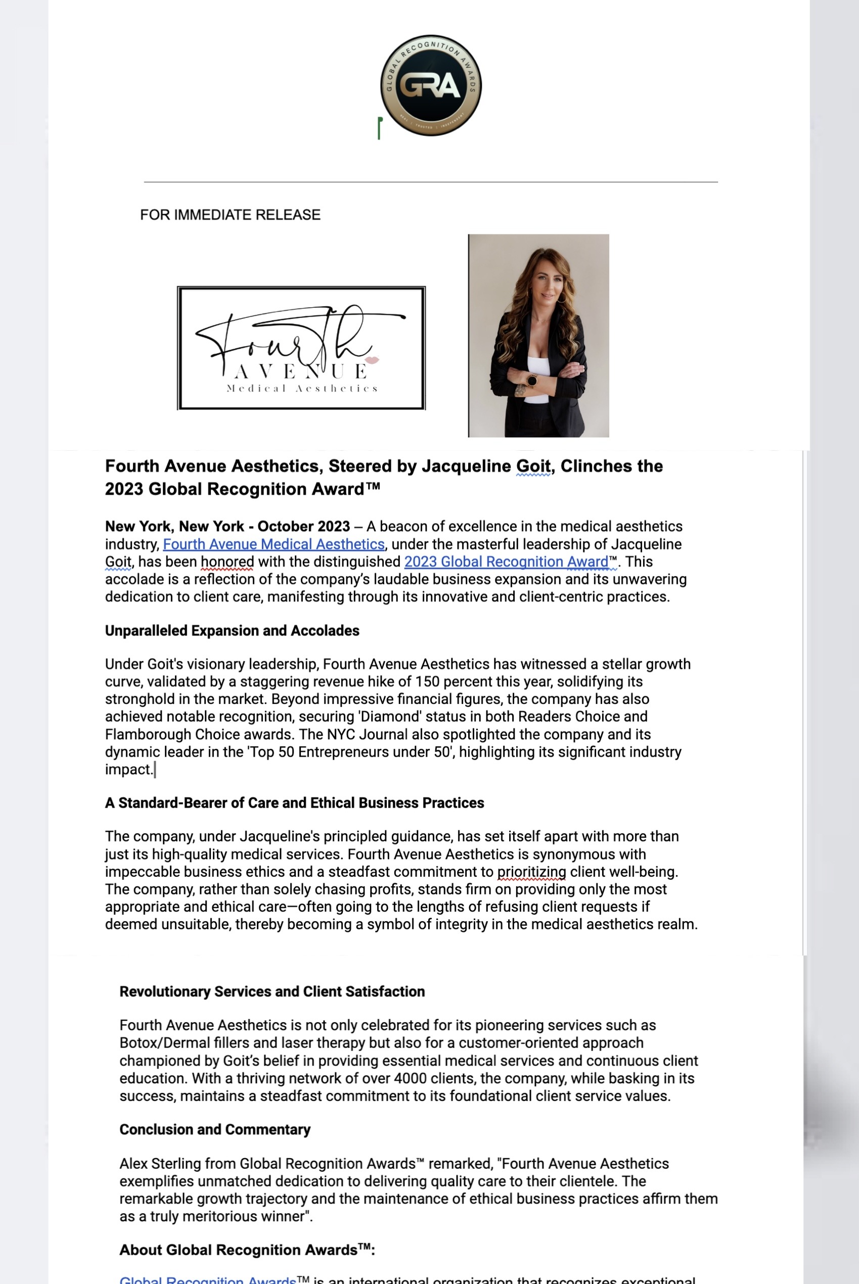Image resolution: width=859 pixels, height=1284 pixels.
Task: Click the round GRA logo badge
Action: point(431,85)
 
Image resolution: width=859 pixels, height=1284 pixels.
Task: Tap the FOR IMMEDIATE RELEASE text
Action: point(230,215)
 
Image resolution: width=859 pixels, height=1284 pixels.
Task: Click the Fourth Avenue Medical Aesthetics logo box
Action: point(301,348)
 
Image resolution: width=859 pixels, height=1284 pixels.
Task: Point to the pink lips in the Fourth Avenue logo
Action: point(372,360)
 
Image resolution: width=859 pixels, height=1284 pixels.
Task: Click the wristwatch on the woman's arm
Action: point(531,379)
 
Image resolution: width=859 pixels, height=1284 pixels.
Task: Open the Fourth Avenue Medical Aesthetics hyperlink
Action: point(274,544)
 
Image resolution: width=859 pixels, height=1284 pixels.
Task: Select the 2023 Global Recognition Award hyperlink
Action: point(506,562)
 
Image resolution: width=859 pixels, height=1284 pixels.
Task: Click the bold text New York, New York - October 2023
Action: point(228,527)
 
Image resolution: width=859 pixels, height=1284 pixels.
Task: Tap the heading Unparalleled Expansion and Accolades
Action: point(232,631)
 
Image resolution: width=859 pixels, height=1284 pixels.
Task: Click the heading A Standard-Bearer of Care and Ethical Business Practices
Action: point(294,803)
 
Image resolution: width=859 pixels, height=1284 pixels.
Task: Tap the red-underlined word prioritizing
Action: point(531,872)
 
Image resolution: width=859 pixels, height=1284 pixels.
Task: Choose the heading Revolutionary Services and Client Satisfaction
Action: point(272,991)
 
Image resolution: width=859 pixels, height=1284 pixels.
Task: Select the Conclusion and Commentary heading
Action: point(215,1129)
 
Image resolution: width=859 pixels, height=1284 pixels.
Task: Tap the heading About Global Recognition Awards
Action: point(247,1250)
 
